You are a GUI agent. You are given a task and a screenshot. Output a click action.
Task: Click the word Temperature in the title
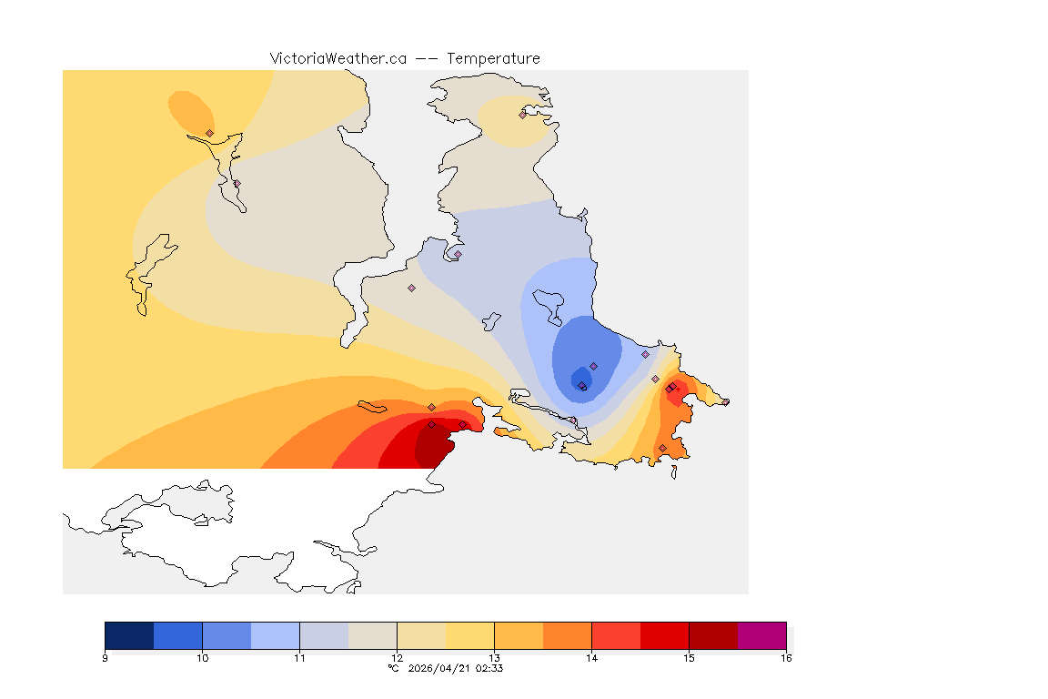click(493, 58)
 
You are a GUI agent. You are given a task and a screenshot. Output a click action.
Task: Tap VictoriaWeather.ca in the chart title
click(338, 58)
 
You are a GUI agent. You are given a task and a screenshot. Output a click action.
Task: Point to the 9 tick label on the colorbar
click(106, 658)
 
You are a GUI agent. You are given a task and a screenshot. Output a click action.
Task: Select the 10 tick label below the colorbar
click(202, 658)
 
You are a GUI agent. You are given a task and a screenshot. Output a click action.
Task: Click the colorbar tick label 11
click(299, 658)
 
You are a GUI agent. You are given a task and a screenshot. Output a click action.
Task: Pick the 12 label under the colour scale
click(397, 658)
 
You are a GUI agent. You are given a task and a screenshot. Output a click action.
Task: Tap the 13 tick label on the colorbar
click(494, 658)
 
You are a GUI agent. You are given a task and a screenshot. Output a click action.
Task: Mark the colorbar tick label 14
click(591, 658)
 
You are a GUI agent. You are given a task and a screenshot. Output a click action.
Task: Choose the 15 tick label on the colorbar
click(689, 658)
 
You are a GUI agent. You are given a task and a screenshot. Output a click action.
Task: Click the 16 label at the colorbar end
click(785, 658)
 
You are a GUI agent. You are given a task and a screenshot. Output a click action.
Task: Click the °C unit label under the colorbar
click(393, 668)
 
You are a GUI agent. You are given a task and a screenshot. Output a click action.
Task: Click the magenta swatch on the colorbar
click(761, 635)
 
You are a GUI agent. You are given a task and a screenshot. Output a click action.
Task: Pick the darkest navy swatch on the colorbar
click(129, 635)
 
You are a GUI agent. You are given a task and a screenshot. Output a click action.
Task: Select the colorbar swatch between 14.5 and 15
click(664, 635)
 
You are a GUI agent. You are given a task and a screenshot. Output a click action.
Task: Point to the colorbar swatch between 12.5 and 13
click(469, 635)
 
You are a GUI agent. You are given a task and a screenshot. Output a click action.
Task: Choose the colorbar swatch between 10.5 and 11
click(275, 635)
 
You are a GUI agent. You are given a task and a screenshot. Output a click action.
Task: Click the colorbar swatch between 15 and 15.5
click(713, 635)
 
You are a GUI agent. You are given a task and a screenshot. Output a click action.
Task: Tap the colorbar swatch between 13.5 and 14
click(567, 635)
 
